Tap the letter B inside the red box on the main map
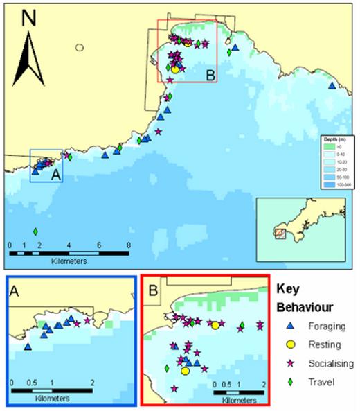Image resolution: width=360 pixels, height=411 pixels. click(210, 74)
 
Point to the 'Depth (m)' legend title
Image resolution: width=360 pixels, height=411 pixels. click(337, 141)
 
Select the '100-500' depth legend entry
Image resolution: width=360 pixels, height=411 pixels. click(343, 185)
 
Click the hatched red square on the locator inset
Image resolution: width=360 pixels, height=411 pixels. click(280, 234)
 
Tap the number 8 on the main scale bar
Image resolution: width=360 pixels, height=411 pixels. click(129, 245)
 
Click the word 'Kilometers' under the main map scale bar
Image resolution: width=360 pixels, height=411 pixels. click(68, 263)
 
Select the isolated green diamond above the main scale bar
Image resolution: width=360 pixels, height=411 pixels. click(35, 231)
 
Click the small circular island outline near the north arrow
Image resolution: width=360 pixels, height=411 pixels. click(80, 48)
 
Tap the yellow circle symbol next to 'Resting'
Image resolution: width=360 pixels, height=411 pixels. click(290, 344)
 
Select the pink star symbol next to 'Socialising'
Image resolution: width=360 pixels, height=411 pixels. click(290, 362)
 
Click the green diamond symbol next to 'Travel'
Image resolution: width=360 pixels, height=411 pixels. click(290, 381)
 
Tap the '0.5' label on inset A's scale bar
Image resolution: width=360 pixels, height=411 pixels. click(32, 383)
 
